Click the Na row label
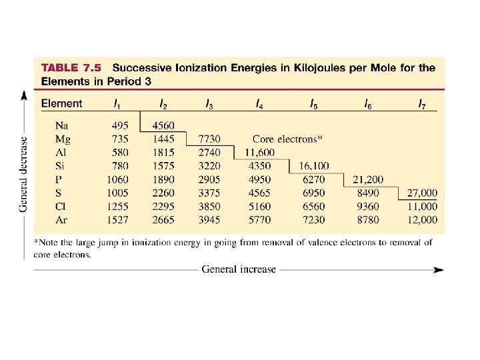click(63, 125)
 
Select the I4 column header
click(258, 104)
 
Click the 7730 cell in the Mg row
click(210, 139)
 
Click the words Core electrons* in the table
click(287, 139)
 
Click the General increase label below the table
click(238, 269)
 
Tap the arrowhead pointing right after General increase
click(437, 270)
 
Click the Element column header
click(62, 104)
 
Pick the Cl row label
click(62, 207)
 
